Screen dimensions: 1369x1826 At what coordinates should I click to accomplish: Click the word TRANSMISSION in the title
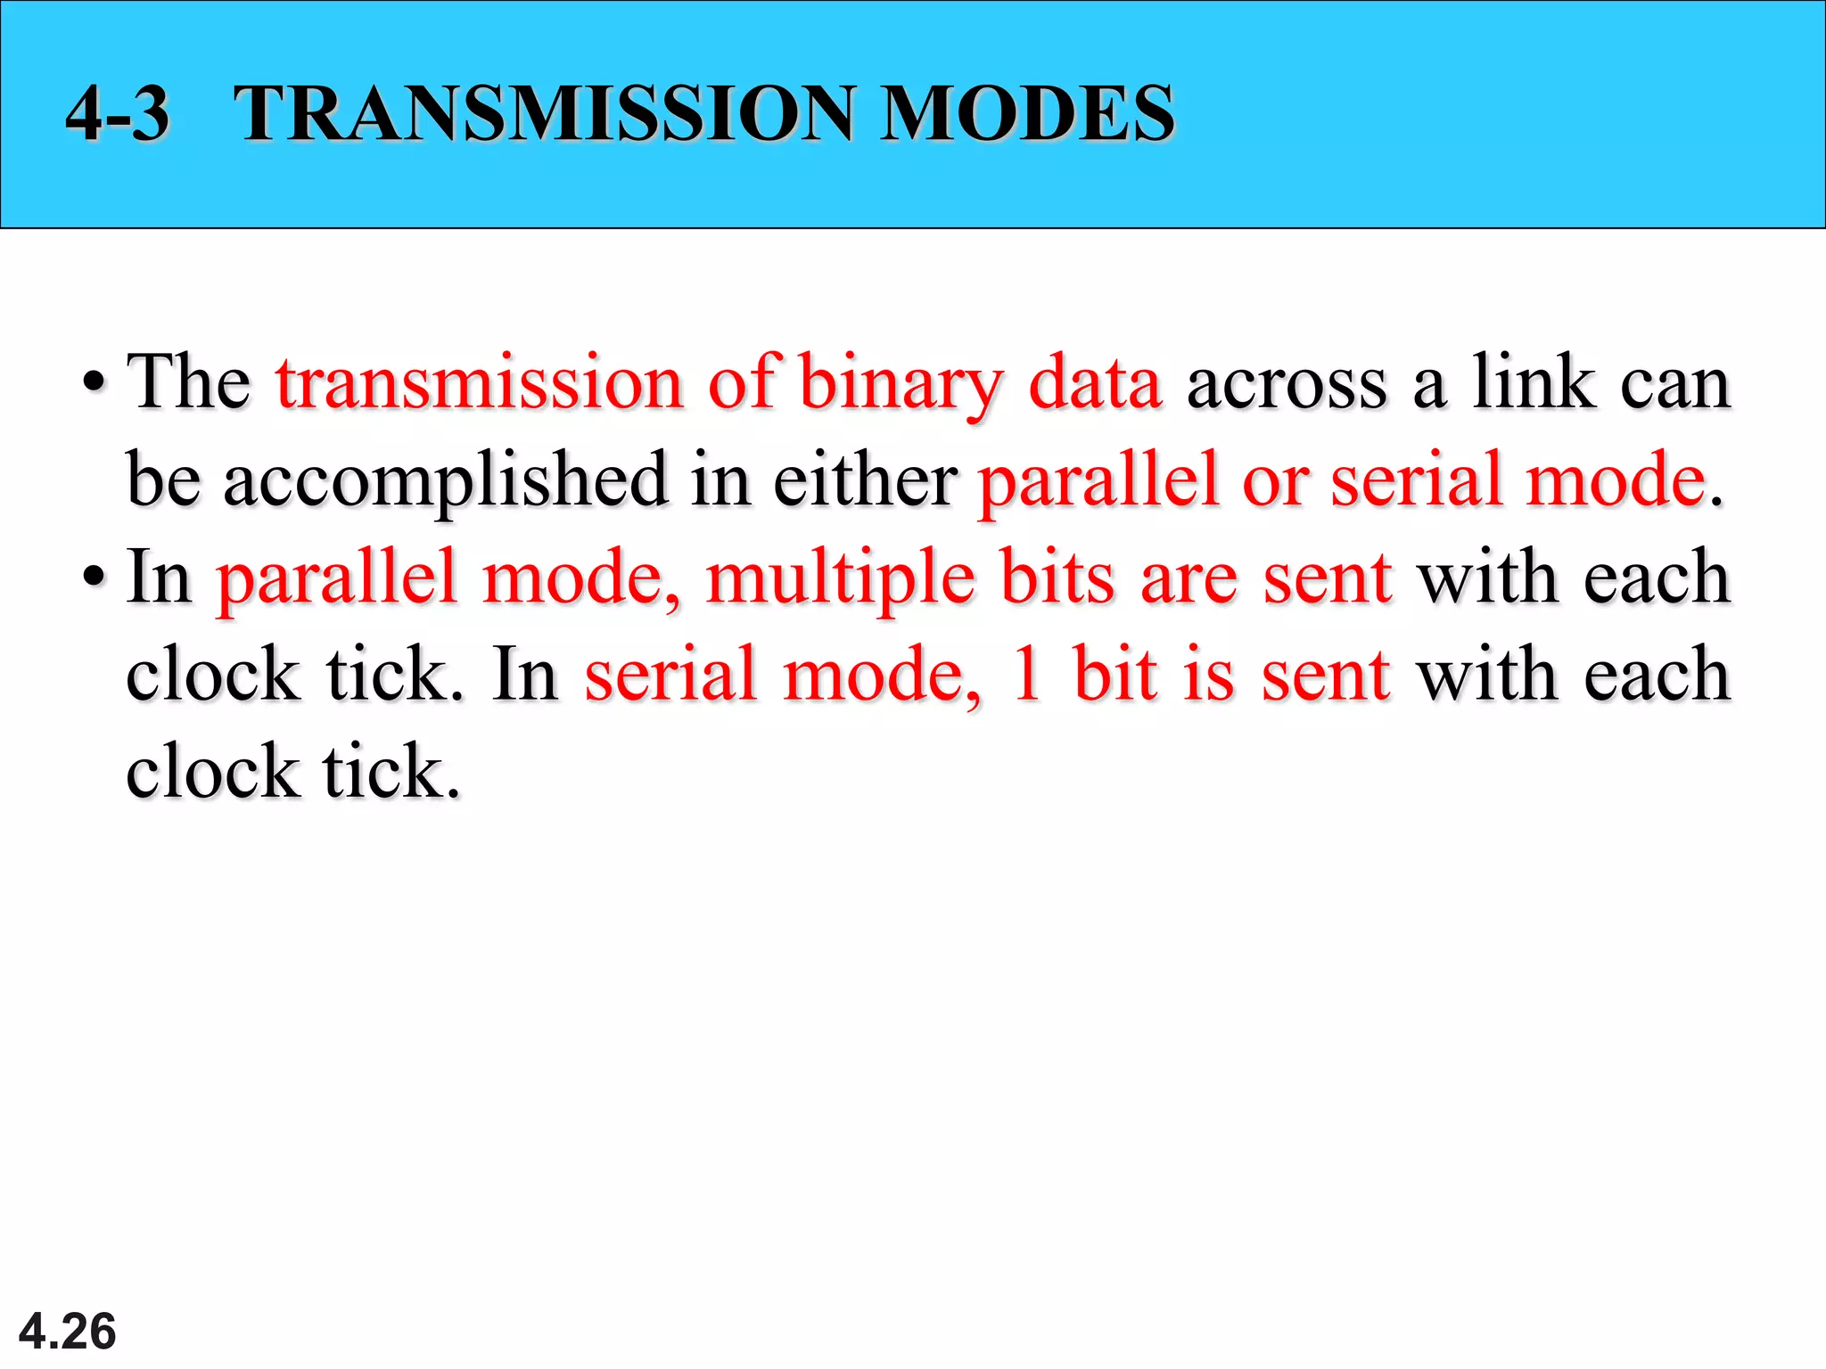coord(544,113)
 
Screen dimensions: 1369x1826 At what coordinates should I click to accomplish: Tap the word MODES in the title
coord(1027,113)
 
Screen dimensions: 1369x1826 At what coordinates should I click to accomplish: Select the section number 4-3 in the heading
coord(118,113)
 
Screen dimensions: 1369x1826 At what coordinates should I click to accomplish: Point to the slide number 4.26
coord(68,1332)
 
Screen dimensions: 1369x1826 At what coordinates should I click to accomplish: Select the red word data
coord(1095,383)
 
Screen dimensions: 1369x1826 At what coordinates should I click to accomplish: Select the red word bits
coord(1057,578)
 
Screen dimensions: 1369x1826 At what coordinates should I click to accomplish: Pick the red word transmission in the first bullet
coord(480,383)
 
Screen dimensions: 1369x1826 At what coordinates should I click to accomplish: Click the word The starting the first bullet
coord(189,383)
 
